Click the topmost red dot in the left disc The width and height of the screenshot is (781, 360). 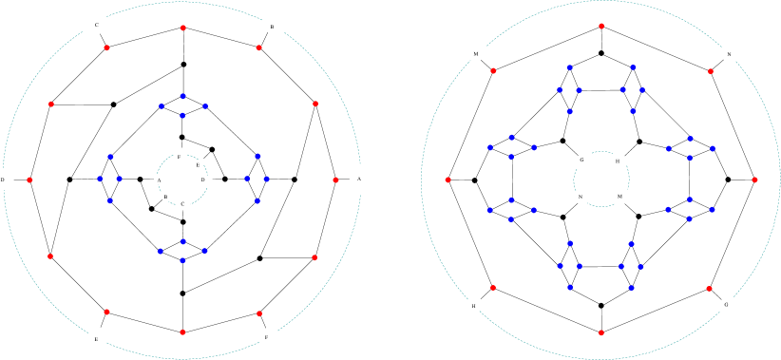point(182,28)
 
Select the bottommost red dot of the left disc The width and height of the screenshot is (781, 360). point(182,332)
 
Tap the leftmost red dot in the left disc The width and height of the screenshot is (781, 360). point(29,180)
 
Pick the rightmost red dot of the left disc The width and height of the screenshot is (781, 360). point(335,180)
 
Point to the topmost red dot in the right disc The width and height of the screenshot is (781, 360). point(601,26)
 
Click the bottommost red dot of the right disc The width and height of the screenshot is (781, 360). point(601,332)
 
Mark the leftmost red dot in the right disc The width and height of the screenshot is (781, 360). point(448,180)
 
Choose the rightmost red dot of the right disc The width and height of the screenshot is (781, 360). point(754,180)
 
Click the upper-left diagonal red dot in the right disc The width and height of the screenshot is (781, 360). point(493,70)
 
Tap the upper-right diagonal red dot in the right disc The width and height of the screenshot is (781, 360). point(710,71)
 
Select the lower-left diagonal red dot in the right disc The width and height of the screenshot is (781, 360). point(492,287)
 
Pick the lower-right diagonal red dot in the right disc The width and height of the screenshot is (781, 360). point(709,288)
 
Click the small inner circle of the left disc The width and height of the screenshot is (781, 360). point(182,180)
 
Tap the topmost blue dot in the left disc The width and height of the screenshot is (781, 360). point(182,96)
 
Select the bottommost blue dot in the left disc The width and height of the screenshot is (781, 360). point(182,260)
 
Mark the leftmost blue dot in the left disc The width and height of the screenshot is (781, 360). point(99,179)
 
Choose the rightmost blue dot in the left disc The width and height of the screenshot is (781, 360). point(266,179)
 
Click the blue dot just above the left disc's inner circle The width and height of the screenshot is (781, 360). point(182,116)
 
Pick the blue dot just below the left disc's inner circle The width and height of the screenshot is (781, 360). point(182,241)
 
